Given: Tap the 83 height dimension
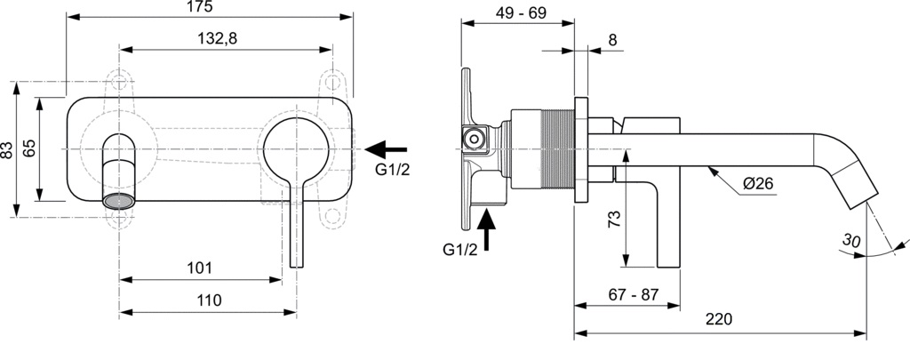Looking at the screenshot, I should tap(8, 149).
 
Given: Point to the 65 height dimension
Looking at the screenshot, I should tap(29, 148).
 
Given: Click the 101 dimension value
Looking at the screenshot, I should tap(199, 267).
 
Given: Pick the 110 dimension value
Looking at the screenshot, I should tap(207, 300).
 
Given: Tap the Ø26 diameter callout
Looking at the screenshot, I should tap(757, 184).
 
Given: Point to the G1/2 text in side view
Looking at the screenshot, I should tap(460, 250).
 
